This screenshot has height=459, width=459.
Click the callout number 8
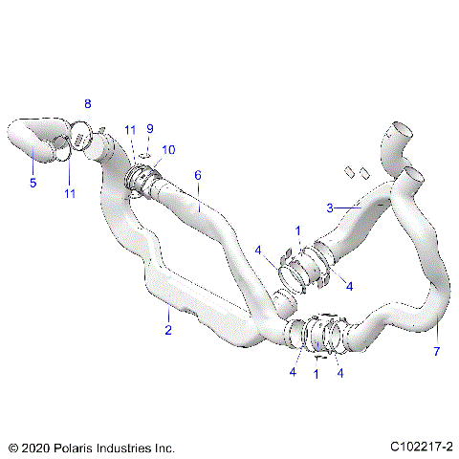point(88,103)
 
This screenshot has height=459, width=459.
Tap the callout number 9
point(150,128)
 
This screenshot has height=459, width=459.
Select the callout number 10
point(168,149)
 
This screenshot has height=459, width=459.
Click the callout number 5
point(33,183)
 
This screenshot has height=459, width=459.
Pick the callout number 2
point(168,331)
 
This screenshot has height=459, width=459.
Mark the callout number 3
point(330,208)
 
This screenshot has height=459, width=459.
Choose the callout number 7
point(439,352)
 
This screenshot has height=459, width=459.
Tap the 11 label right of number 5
point(69,194)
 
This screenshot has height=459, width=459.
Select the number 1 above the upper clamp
point(297,230)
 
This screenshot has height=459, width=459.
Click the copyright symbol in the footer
point(12,447)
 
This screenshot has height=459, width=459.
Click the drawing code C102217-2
point(421,447)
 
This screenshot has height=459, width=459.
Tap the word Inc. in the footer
point(164,447)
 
